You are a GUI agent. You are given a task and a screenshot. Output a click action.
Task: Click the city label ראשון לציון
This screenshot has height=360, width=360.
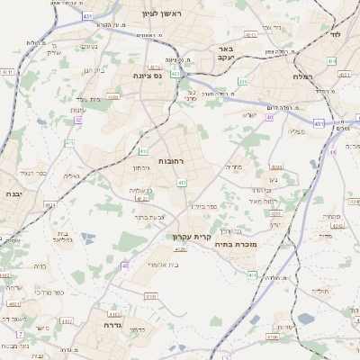[161, 13]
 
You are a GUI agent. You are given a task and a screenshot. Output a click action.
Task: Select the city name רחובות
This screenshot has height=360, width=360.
[170, 160]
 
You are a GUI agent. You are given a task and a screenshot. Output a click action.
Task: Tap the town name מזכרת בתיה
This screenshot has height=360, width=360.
[238, 241]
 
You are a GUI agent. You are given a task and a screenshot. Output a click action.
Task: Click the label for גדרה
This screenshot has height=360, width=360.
[112, 325]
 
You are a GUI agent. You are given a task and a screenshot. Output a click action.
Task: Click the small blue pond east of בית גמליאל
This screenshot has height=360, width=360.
[87, 237]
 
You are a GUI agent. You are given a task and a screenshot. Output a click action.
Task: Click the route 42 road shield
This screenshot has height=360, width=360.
[77, 119]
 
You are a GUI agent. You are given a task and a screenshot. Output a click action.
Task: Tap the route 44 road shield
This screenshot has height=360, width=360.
[331, 152]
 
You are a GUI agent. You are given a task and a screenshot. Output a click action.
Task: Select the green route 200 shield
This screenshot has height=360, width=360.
[242, 82]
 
